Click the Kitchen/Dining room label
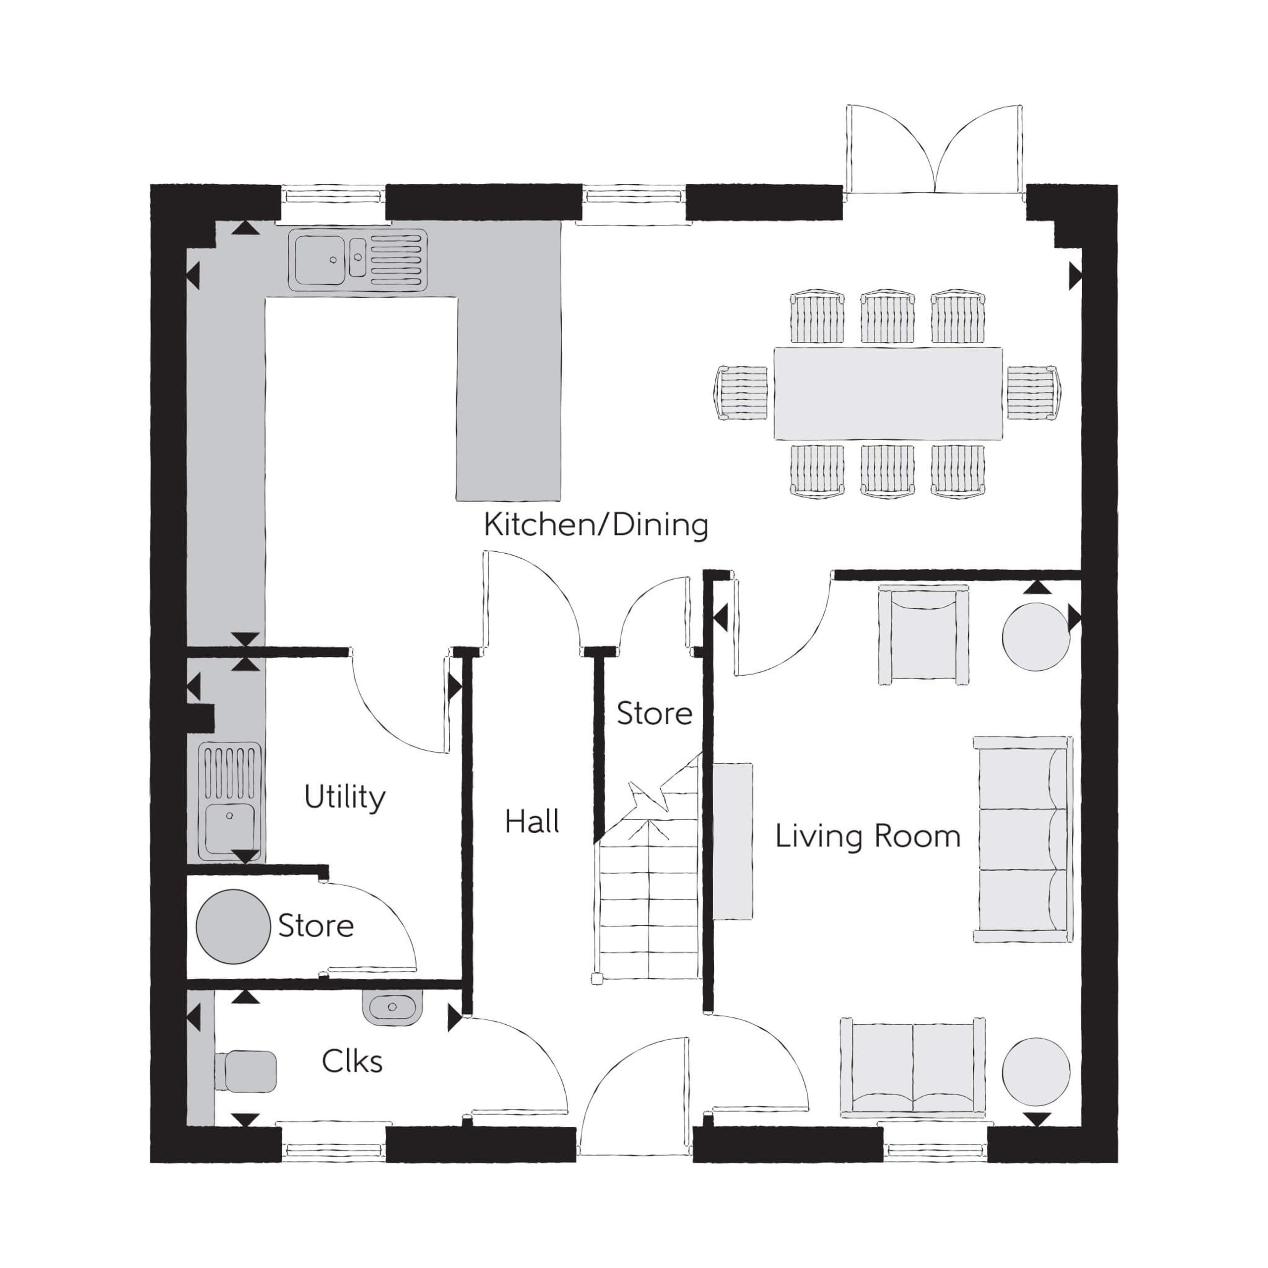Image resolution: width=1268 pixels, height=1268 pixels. (x=596, y=526)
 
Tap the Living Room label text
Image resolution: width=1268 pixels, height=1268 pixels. (x=868, y=837)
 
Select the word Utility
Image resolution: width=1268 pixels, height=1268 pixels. (x=345, y=798)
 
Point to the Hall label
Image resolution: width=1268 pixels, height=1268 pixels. (x=531, y=821)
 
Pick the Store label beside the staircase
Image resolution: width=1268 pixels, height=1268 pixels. (x=654, y=713)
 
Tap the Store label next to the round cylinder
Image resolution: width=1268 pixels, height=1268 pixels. (x=316, y=925)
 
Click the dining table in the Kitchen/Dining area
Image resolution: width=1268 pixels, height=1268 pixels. (x=888, y=393)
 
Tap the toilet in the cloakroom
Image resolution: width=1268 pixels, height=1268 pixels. (x=246, y=1072)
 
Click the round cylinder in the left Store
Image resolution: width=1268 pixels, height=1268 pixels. (x=233, y=927)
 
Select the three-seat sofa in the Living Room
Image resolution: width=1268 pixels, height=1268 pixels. (x=1022, y=840)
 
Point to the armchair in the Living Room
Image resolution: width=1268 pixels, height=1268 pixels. (x=923, y=636)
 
